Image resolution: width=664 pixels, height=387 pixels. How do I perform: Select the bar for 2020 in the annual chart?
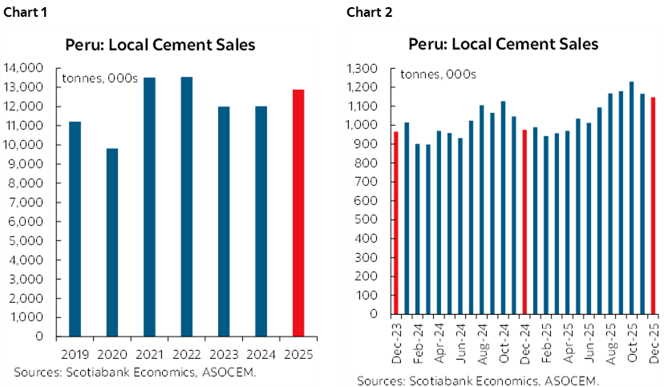(x=112, y=242)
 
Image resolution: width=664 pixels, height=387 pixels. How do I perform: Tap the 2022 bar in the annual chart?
(x=187, y=206)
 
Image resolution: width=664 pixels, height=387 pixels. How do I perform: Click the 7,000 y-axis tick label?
(x=28, y=202)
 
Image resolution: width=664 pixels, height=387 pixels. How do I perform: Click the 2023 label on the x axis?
(x=224, y=353)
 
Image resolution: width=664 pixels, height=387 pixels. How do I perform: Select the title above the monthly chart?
(x=503, y=45)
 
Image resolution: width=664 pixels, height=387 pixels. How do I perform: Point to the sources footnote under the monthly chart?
(x=478, y=381)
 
